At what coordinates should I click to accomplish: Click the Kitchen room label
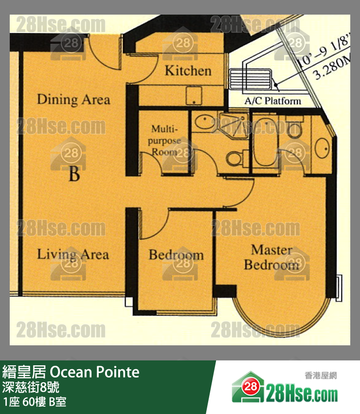point(188,71)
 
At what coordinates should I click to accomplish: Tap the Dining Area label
point(73,99)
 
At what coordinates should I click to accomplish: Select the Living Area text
point(73,255)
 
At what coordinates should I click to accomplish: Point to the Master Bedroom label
point(271,257)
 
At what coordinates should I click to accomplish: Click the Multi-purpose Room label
point(164,140)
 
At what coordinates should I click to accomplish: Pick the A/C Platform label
point(273,101)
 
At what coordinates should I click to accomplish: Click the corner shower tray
point(234,125)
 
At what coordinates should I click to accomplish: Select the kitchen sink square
point(194,95)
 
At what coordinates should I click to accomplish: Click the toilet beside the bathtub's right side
point(294,127)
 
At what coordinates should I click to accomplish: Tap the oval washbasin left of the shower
point(205,121)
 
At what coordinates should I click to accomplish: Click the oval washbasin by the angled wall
point(322,148)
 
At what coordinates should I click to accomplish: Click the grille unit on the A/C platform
point(250,79)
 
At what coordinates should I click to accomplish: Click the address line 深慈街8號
point(31,387)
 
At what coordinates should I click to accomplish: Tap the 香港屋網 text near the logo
point(321,376)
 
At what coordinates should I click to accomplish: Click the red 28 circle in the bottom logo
point(250,387)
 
